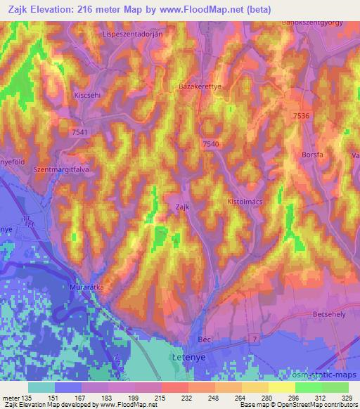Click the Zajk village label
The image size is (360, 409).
point(181,207)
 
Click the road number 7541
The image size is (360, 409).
point(80,131)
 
